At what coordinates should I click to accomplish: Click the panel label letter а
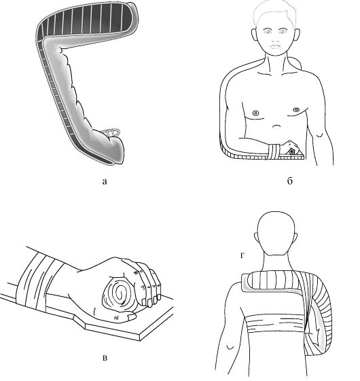pos(105,181)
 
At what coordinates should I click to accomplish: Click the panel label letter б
pos(290,181)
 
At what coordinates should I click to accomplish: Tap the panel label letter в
pos(105,358)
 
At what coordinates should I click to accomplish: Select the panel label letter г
pos(242,255)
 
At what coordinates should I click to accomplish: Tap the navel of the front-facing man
pos(276,126)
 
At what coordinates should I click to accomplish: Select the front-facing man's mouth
pos(276,46)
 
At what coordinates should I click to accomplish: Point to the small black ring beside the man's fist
pos(291,151)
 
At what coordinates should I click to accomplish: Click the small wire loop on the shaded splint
pos(111,132)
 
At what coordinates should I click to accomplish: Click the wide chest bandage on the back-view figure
pos(275,324)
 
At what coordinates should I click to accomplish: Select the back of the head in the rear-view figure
pos(276,234)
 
